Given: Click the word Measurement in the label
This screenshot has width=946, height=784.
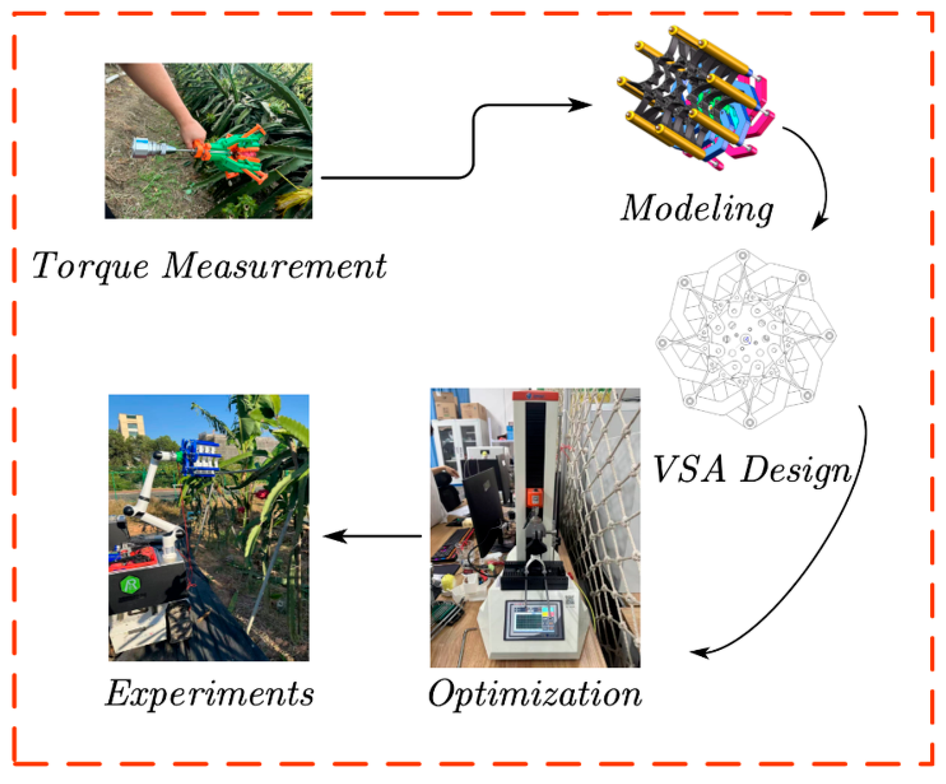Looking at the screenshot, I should coord(274,266).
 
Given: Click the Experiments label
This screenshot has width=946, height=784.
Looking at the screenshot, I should coord(209,694).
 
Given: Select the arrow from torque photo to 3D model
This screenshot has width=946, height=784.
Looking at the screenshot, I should coord(473,139).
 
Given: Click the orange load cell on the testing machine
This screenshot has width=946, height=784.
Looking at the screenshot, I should coord(534,497).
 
